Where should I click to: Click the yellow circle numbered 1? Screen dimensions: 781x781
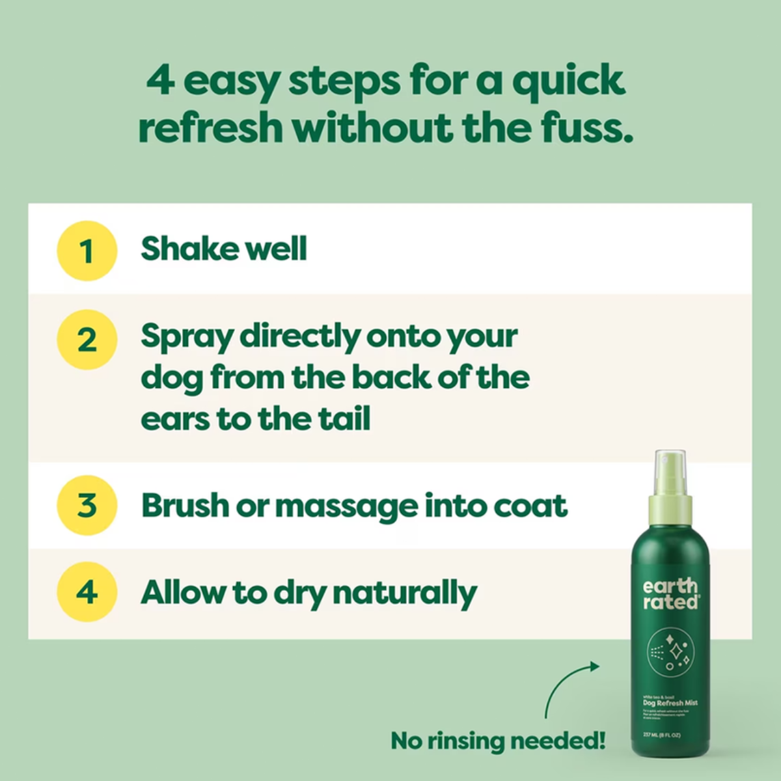coord(87,251)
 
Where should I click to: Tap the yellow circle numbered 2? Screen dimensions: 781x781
coord(87,339)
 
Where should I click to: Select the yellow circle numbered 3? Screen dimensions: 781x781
coord(87,505)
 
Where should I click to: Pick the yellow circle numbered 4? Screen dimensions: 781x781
coord(87,592)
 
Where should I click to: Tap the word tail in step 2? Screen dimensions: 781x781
coord(344,418)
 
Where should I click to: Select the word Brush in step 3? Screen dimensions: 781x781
coord(185,505)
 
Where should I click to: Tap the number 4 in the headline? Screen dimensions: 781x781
coord(160,81)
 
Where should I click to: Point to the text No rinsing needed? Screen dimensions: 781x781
coord(498,740)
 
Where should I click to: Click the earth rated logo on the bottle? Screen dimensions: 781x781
coord(670,594)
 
